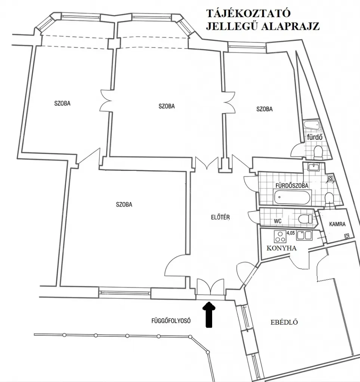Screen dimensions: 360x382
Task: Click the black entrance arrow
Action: click(x=209, y=314)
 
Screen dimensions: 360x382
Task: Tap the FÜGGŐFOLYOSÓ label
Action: click(x=171, y=320)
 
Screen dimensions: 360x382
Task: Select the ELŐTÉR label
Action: click(x=220, y=217)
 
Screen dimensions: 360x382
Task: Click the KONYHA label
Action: click(x=282, y=248)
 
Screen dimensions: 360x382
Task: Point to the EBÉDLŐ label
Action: click(x=284, y=322)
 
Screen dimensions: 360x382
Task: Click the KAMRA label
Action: click(x=337, y=224)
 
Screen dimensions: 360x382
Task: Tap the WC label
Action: click(x=277, y=221)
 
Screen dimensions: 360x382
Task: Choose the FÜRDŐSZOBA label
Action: click(x=292, y=186)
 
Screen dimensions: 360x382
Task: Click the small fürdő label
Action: click(x=315, y=137)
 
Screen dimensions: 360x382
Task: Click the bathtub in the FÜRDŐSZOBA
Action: click(x=292, y=197)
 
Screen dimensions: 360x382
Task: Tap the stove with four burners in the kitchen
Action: click(x=280, y=237)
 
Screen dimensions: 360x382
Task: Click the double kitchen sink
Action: click(x=304, y=235)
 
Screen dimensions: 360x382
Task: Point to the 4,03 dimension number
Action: click(x=291, y=233)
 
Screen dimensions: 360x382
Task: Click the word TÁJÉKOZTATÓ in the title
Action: click(x=249, y=13)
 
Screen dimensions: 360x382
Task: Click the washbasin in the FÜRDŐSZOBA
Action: click(x=313, y=167)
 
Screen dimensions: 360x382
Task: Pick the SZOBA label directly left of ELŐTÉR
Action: click(x=124, y=204)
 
